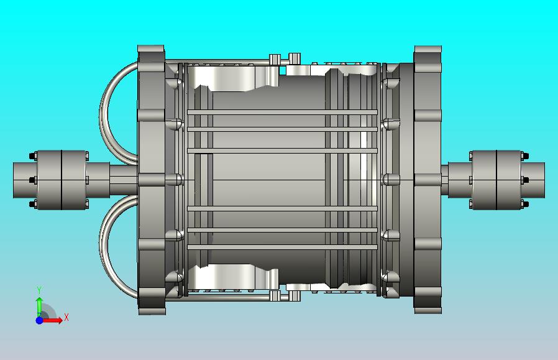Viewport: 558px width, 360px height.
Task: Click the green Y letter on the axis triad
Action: pyautogui.click(x=39, y=290)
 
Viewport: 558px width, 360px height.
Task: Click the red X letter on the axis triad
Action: pyautogui.click(x=66, y=318)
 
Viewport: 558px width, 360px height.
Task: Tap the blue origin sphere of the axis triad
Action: pyautogui.click(x=39, y=320)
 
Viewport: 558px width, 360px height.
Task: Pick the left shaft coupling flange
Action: pyautogui.click(x=61, y=180)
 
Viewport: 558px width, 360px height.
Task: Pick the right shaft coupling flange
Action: pyautogui.click(x=497, y=180)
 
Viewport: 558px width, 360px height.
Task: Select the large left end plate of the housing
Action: pyautogui.click(x=150, y=180)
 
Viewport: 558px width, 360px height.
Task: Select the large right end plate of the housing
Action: pyautogui.click(x=428, y=180)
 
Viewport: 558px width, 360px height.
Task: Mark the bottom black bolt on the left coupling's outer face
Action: pyautogui.click(x=32, y=203)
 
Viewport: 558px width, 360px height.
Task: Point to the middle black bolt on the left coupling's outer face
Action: pyautogui.click(x=32, y=180)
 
